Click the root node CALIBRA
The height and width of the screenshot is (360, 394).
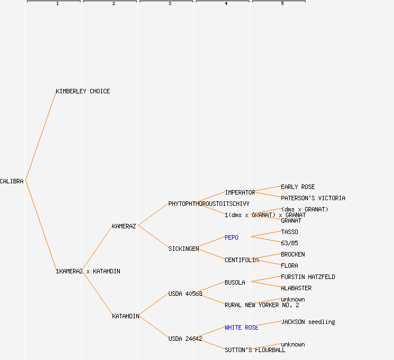pos(12,181)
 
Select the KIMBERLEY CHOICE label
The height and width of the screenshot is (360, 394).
pos(83,91)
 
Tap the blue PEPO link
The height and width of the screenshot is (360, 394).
pos(231,237)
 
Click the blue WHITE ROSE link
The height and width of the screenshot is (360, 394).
pos(241,327)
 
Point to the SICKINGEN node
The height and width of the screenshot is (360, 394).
pos(183,249)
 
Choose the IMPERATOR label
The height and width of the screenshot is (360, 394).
pos(240,192)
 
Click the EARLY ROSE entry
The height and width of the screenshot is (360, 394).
pos(298,187)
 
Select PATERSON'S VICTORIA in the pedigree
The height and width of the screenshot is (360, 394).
pos(313,198)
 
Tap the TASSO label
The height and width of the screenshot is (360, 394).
pos(289,232)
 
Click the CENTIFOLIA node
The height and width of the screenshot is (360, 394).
pos(241,260)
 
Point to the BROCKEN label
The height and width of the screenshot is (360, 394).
pos(293,254)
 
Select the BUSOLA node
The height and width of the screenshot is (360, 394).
pos(235,282)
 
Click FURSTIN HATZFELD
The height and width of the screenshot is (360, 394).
pos(308,277)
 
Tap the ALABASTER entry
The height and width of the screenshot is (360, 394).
pos(296,288)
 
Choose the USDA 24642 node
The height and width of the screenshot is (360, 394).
pos(185,339)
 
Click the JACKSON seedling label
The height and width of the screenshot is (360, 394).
pos(308,322)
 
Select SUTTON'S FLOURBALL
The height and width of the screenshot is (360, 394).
pos(255,350)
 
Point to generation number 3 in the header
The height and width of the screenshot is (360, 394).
pos(170,4)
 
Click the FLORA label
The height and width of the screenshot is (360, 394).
pos(289,265)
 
